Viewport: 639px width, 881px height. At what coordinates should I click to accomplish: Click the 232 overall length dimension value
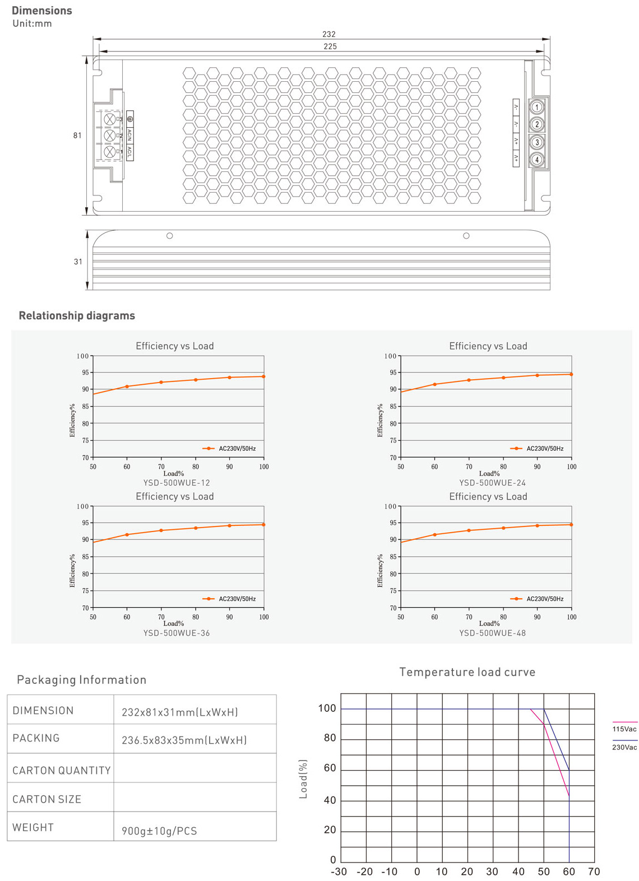click(x=329, y=34)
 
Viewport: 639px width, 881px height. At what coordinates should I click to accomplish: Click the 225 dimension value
click(x=330, y=46)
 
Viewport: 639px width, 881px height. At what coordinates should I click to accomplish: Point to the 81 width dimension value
click(x=77, y=136)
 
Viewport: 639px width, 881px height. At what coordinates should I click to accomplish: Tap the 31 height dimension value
click(x=78, y=262)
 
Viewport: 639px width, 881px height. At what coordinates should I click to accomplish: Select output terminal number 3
click(x=536, y=142)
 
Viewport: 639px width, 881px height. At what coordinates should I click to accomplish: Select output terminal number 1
click(x=536, y=106)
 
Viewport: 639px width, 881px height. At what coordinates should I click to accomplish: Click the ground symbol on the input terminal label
click(x=130, y=119)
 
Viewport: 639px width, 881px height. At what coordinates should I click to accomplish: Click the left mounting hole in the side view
click(x=170, y=236)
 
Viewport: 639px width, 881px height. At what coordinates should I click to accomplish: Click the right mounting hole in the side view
click(x=466, y=236)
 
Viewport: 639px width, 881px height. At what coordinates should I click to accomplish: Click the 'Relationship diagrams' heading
click(x=77, y=315)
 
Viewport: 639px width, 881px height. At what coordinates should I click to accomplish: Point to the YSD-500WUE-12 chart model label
click(x=177, y=483)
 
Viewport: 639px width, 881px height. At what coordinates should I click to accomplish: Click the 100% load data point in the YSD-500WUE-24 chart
click(x=571, y=375)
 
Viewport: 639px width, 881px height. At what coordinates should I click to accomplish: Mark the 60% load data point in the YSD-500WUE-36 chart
click(x=127, y=534)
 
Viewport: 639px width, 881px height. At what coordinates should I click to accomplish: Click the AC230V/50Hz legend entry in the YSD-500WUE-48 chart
click(x=536, y=599)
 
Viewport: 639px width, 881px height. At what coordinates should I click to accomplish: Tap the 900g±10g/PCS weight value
click(x=159, y=831)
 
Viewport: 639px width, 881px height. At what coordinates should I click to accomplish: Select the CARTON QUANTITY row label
click(x=62, y=770)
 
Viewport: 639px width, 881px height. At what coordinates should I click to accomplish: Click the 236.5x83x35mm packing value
click(x=184, y=740)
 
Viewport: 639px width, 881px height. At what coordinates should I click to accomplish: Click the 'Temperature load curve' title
click(x=467, y=672)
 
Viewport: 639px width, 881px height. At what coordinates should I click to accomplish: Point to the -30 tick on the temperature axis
click(x=339, y=871)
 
